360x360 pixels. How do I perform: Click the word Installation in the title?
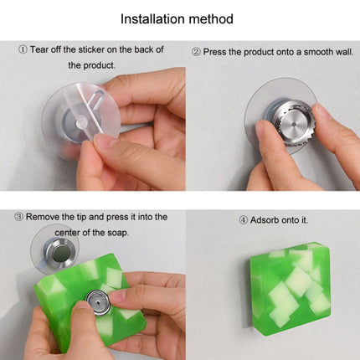[x=152, y=19]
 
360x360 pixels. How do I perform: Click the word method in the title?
[x=211, y=19]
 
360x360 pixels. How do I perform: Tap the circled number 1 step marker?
[x=23, y=50]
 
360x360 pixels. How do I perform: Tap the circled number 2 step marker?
[x=196, y=52]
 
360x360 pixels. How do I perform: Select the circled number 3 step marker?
[x=18, y=217]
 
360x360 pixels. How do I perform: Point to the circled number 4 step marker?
[x=243, y=220]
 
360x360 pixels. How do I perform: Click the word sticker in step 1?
[x=91, y=49]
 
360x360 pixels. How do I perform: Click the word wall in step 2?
[x=345, y=52]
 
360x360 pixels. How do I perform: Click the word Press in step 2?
[x=214, y=52]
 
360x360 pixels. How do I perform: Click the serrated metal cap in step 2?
[x=291, y=122]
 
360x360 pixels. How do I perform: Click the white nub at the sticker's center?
[x=81, y=122]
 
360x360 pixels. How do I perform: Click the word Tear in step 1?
[x=39, y=49]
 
